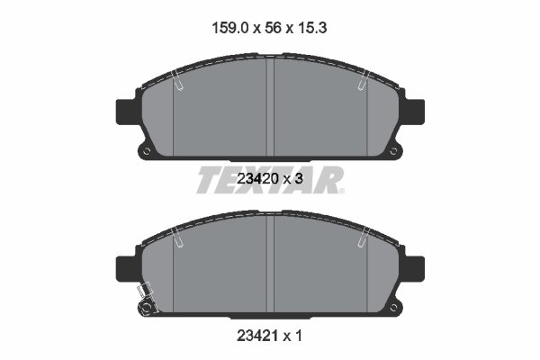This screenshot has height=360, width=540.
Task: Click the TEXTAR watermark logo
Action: click(270, 179)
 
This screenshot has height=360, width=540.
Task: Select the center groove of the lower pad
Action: click(271, 261)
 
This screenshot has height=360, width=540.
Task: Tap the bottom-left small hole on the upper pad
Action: click(143, 150)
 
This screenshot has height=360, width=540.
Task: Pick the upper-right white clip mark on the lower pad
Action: click(362, 238)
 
